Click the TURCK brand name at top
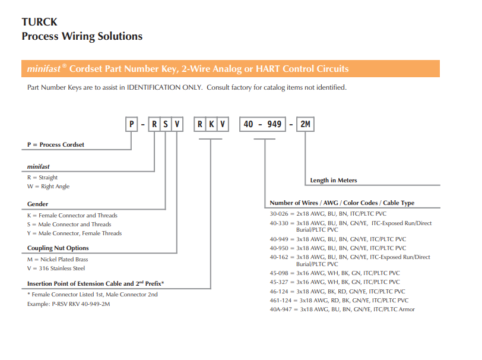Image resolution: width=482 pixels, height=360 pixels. (39, 22)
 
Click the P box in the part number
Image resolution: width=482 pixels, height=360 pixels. (132, 124)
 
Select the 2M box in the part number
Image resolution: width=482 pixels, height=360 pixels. (305, 124)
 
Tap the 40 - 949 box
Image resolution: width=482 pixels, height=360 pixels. (262, 124)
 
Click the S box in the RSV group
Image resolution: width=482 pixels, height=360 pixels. (166, 124)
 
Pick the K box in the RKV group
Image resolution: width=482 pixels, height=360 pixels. (211, 124)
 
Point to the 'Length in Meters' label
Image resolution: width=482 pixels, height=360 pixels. (334, 181)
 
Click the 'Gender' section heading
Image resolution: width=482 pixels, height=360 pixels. (37, 204)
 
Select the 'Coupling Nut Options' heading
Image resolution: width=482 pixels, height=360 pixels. (58, 248)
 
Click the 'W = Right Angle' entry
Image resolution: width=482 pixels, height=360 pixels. (48, 187)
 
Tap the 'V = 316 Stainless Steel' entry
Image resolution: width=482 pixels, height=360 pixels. (56, 269)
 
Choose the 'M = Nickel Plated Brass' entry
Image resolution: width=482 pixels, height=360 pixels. (58, 260)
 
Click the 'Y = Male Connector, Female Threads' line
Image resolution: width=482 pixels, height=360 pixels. (74, 233)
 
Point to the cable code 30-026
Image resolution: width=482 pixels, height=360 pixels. (279, 214)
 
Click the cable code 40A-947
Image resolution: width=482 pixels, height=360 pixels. (281, 310)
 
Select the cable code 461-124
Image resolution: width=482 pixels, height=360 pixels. (281, 301)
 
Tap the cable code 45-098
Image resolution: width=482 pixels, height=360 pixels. (279, 273)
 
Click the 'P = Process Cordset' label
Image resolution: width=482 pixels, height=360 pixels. (56, 144)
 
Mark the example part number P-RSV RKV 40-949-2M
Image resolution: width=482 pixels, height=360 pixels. (81, 304)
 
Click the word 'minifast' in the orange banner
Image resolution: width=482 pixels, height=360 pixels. (44, 69)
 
